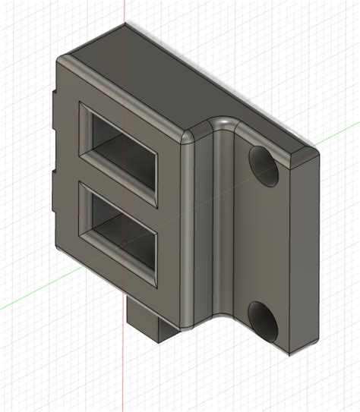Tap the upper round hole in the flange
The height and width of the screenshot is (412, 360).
click(x=264, y=166)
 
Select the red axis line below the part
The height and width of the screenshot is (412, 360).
click(x=125, y=379)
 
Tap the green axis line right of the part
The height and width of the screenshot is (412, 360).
click(x=338, y=137)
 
